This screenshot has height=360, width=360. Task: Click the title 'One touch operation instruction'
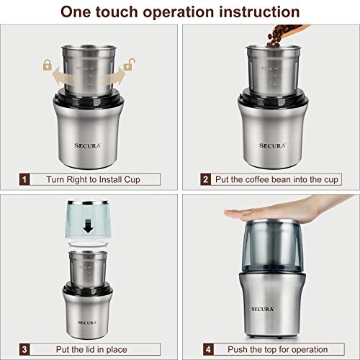coord(180,12)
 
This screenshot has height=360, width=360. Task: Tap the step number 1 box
coord(26,179)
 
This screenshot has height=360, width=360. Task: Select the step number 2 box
coord(205,179)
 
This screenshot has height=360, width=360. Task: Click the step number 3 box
coord(26,349)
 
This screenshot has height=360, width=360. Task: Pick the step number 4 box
coord(205,349)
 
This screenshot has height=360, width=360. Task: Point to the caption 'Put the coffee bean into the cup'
coord(279,179)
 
